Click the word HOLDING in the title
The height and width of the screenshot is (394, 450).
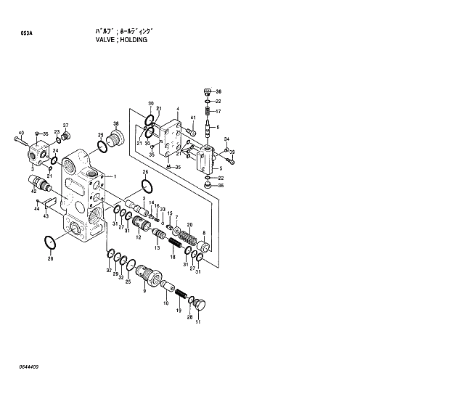pyautogui.click(x=133, y=41)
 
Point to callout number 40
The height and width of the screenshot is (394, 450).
pyautogui.click(x=21, y=133)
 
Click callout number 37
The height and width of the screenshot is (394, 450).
pyautogui.click(x=65, y=125)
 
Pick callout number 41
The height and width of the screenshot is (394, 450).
pyautogui.click(x=193, y=118)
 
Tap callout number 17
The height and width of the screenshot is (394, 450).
pyautogui.click(x=218, y=112)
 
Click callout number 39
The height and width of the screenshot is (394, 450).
pyautogui.click(x=232, y=151)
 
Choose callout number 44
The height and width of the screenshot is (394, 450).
pyautogui.click(x=36, y=209)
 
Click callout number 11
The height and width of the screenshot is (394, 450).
pyautogui.click(x=197, y=321)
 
